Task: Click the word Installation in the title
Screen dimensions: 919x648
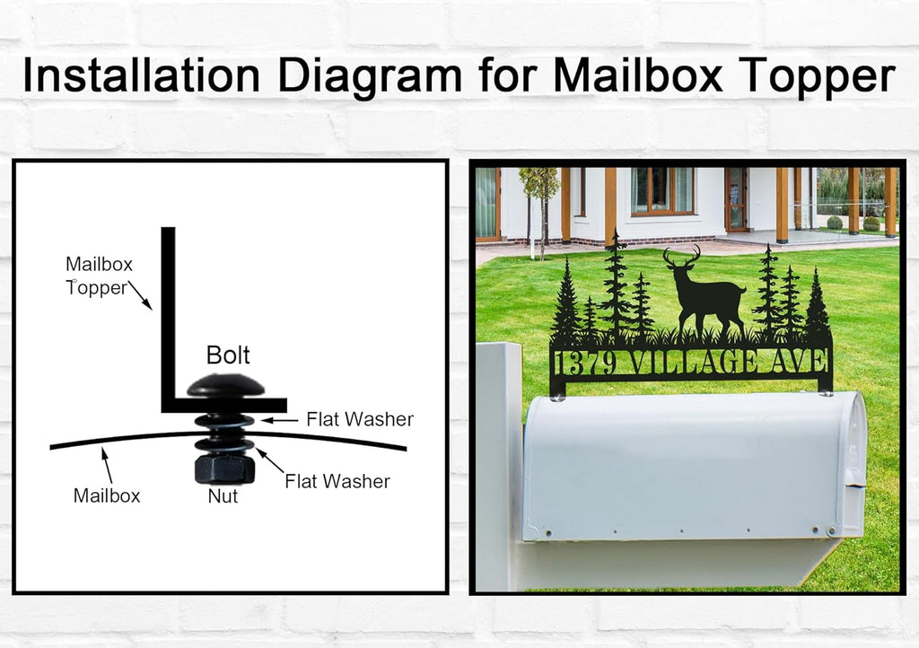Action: [x=141, y=75]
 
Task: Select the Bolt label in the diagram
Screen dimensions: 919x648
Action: [x=228, y=355]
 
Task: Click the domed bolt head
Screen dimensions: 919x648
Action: [x=225, y=386]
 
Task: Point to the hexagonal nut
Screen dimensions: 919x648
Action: [x=223, y=468]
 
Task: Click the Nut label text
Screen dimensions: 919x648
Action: [x=223, y=496]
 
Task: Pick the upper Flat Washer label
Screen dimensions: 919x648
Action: [x=360, y=419]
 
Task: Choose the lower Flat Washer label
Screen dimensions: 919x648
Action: [x=337, y=482]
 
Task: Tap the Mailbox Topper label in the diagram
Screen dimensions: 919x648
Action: [x=99, y=276]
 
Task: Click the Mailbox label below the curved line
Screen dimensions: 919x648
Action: [x=107, y=495]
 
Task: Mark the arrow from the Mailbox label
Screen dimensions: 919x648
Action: [x=107, y=465]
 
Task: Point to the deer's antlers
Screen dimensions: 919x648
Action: [x=682, y=256]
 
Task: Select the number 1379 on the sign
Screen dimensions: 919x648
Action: [x=585, y=363]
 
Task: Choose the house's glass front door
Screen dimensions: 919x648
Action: [x=736, y=199]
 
